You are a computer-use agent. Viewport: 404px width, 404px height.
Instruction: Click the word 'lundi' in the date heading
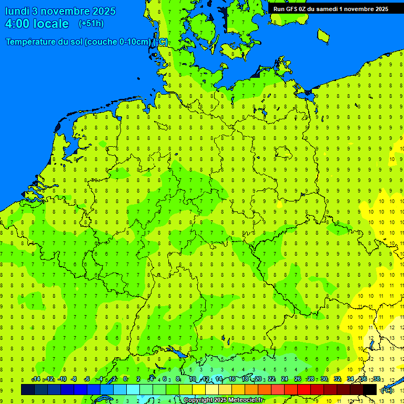tap(17, 11)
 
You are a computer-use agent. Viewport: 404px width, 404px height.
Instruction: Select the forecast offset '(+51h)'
tap(91, 24)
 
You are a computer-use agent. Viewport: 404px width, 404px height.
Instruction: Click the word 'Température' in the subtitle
tap(32, 42)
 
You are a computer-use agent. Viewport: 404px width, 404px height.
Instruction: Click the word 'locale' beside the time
tap(50, 24)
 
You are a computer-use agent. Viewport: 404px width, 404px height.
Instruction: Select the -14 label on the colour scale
tap(36, 379)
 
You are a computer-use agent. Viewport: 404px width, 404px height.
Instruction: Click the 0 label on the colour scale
tap(125, 379)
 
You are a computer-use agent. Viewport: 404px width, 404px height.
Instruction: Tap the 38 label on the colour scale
tap(377, 379)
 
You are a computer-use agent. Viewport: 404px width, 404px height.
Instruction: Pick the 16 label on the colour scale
tap(231, 379)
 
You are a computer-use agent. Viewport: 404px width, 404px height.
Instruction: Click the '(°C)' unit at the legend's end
tap(387, 390)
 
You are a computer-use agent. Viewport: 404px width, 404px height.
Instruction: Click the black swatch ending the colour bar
tap(370, 390)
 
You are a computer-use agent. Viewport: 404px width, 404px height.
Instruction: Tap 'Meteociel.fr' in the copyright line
tap(246, 400)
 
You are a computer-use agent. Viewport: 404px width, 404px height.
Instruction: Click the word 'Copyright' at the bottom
tap(199, 400)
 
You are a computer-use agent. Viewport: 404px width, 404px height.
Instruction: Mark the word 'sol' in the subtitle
tap(76, 42)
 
